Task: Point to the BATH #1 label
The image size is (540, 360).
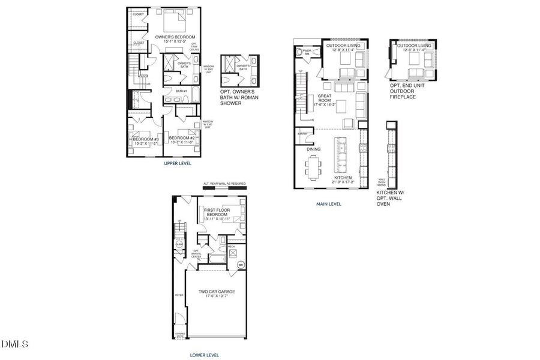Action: pyautogui.click(x=181, y=91)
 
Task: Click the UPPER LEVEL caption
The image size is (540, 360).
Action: pyautogui.click(x=177, y=163)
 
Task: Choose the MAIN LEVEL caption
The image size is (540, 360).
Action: pyautogui.click(x=329, y=204)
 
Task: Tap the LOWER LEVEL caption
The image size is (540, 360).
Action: pyautogui.click(x=205, y=355)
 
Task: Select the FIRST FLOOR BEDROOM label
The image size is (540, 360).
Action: pyautogui.click(x=217, y=212)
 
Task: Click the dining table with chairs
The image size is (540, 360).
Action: pyautogui.click(x=313, y=166)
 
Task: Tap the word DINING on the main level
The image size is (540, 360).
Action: pyautogui.click(x=313, y=149)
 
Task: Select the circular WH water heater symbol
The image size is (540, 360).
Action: pyautogui.click(x=241, y=265)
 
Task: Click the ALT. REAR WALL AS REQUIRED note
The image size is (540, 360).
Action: pyautogui.click(x=224, y=184)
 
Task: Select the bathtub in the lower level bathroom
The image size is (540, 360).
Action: pyautogui.click(x=215, y=260)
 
